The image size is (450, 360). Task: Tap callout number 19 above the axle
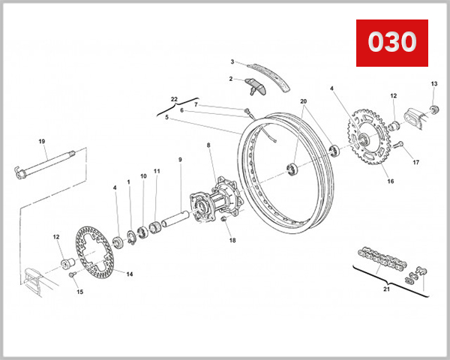click(42, 142)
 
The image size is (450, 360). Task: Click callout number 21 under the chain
click(387, 289)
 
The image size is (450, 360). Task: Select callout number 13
click(433, 83)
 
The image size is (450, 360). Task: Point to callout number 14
click(129, 274)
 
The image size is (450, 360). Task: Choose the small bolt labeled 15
click(73, 275)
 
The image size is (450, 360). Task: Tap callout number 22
click(173, 99)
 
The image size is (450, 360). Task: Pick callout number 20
click(304, 101)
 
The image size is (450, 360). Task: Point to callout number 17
click(415, 162)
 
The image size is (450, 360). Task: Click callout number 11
click(157, 171)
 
